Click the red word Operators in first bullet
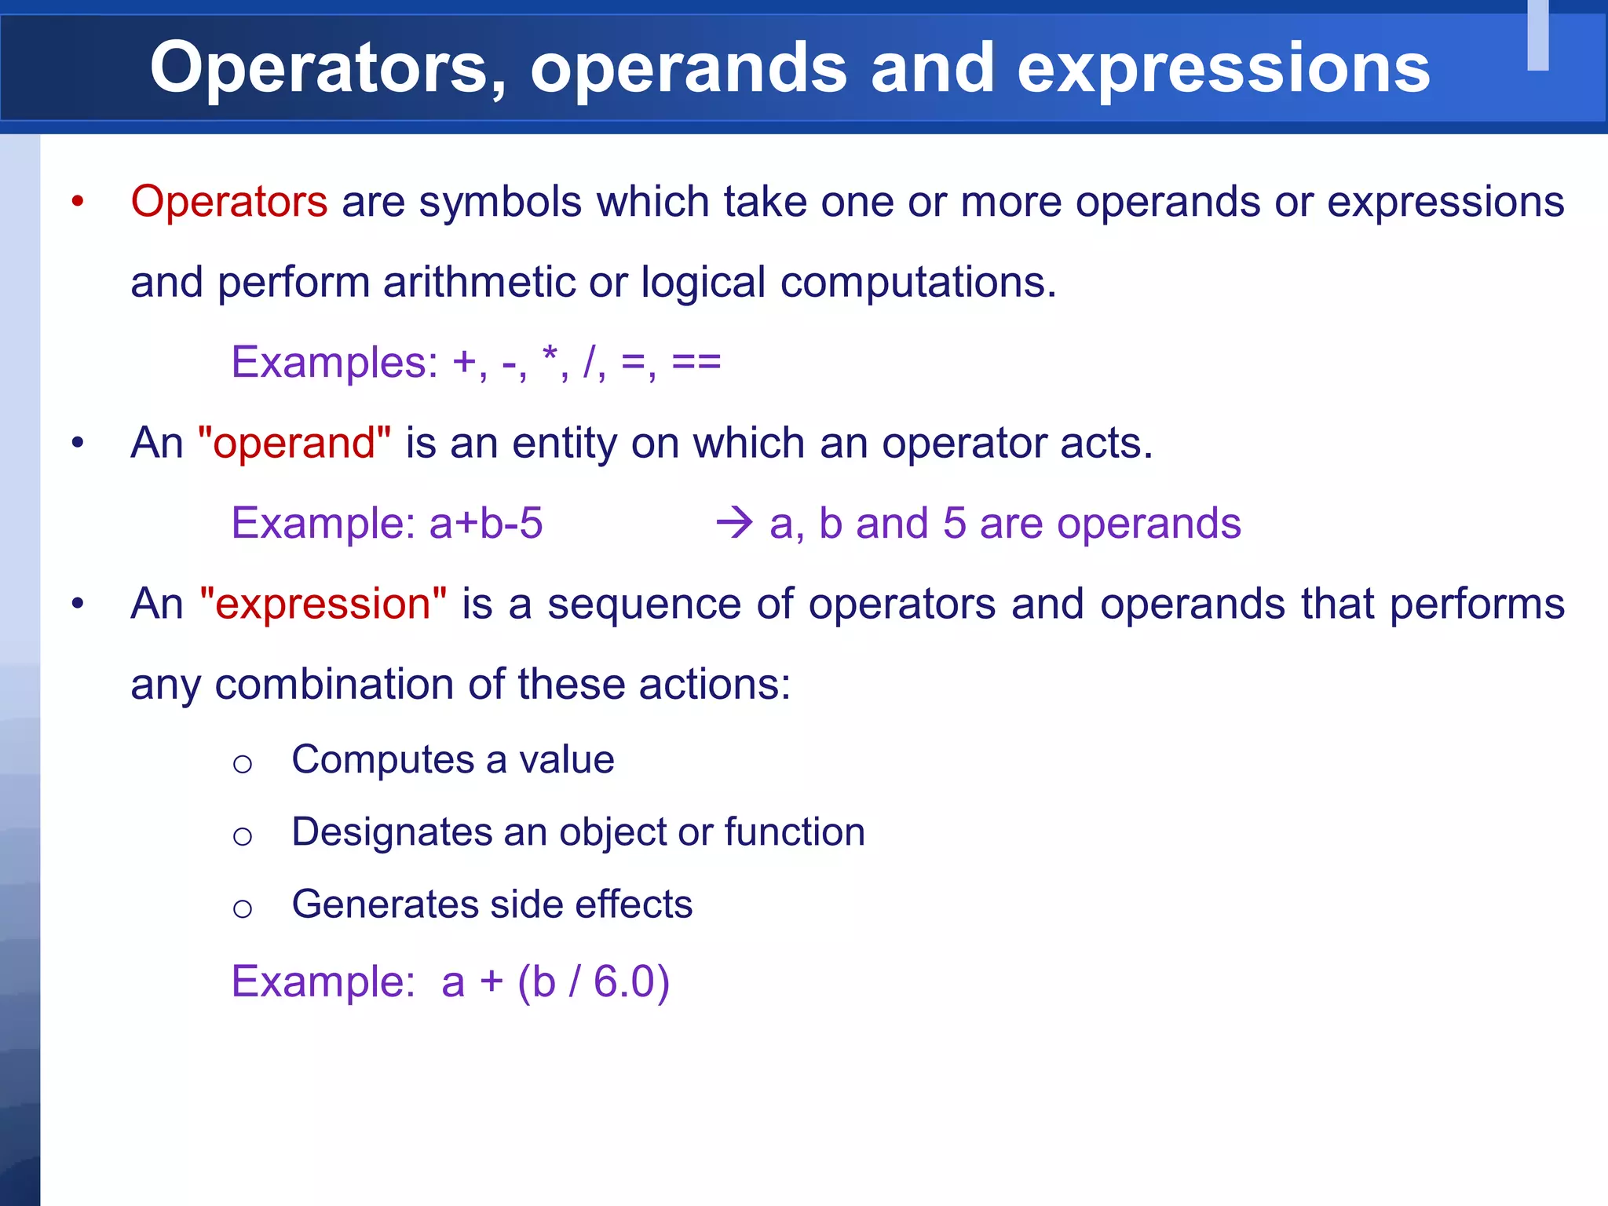click(228, 202)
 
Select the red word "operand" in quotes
click(294, 443)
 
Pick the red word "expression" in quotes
click(323, 604)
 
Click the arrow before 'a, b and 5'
click(735, 523)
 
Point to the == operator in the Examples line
click(696, 362)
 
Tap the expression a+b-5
click(486, 523)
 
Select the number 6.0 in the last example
click(623, 981)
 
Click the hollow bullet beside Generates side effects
click(243, 908)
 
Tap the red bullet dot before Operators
click(77, 202)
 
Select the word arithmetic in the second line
click(479, 282)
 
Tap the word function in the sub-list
click(794, 832)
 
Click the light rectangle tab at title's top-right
click(1537, 35)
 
